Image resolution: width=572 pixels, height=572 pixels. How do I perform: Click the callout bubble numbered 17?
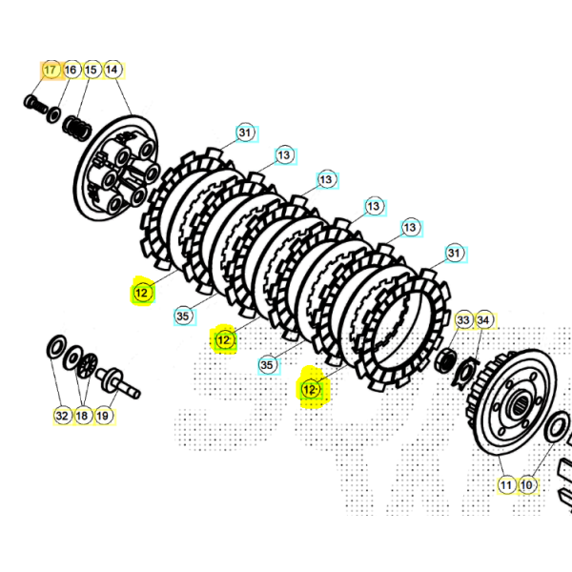click(51, 70)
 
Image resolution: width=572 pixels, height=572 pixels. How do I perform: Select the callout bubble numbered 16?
click(71, 70)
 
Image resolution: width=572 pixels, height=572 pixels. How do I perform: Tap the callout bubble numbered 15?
click(92, 70)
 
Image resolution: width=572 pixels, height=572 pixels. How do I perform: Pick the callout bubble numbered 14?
click(112, 70)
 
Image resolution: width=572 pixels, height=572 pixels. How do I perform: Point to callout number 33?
click(463, 320)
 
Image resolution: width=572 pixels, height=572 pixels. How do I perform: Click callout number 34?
click(483, 320)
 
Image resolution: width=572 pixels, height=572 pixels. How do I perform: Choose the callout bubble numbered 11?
click(506, 485)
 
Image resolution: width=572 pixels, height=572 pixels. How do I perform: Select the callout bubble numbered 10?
click(527, 485)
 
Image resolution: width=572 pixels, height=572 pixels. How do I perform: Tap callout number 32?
click(62, 416)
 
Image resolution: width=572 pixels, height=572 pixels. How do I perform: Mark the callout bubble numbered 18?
click(82, 416)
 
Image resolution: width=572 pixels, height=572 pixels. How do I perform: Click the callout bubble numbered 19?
click(103, 416)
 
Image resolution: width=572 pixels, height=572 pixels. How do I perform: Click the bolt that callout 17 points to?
click(35, 104)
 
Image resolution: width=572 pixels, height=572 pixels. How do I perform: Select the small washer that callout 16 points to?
click(53, 115)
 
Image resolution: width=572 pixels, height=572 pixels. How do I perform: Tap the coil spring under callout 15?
click(77, 128)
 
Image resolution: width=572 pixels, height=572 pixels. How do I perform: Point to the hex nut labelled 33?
click(446, 359)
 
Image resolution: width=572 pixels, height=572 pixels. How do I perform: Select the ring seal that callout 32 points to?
click(56, 348)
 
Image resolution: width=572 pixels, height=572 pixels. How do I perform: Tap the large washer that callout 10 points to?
click(557, 427)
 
